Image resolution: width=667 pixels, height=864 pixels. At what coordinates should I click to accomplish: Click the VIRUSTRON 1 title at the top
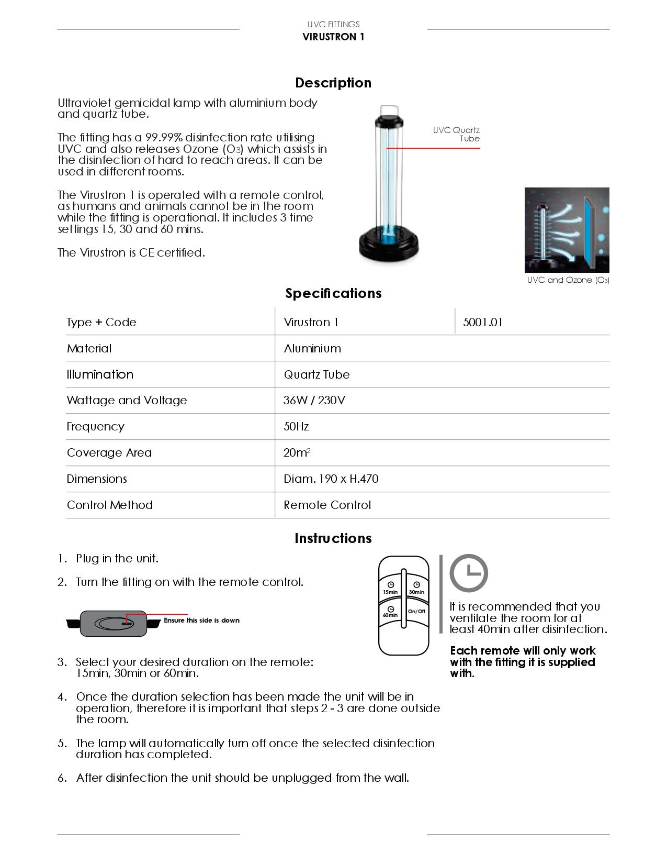tap(333, 37)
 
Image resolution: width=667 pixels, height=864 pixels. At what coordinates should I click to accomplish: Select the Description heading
tap(333, 83)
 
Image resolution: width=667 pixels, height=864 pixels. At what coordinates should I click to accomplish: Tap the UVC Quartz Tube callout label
tap(456, 134)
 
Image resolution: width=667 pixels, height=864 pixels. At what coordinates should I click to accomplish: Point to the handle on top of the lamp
tap(388, 111)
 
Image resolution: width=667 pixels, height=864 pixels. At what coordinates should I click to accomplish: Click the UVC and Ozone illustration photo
tap(567, 229)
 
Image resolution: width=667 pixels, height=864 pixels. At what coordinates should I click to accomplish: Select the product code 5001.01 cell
tap(483, 322)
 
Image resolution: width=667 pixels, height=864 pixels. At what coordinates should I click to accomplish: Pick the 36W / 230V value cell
tap(314, 401)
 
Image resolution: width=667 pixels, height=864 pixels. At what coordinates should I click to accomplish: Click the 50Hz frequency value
tap(296, 427)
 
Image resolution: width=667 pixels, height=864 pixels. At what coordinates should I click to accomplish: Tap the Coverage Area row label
tap(109, 453)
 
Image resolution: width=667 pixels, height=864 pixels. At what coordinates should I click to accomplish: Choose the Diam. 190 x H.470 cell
tap(331, 479)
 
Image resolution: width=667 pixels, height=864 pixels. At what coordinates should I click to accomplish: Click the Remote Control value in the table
tap(327, 505)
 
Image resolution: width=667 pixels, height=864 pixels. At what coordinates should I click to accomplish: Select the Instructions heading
tap(333, 538)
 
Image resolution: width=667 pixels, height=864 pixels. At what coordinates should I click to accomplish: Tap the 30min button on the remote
tap(416, 588)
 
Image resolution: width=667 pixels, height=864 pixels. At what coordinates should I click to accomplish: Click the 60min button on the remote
tap(390, 612)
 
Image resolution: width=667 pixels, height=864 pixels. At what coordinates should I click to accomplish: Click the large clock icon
tap(469, 572)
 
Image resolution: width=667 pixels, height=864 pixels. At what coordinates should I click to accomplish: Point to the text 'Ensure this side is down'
tap(201, 621)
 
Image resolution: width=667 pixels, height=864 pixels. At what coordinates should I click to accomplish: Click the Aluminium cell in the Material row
tap(312, 348)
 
